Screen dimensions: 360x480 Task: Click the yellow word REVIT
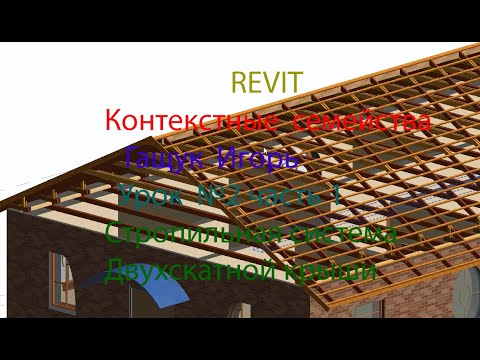pyautogui.click(x=267, y=82)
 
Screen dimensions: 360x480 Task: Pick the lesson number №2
pyautogui.click(x=222, y=195)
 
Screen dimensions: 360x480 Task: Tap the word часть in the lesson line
pyautogui.click(x=284, y=196)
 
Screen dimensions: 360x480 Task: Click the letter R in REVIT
pyautogui.click(x=238, y=82)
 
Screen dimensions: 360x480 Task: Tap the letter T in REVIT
pyautogui.click(x=295, y=82)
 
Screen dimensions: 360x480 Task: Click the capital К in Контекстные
pyautogui.click(x=113, y=121)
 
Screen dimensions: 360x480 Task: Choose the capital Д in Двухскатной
pyautogui.click(x=115, y=270)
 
